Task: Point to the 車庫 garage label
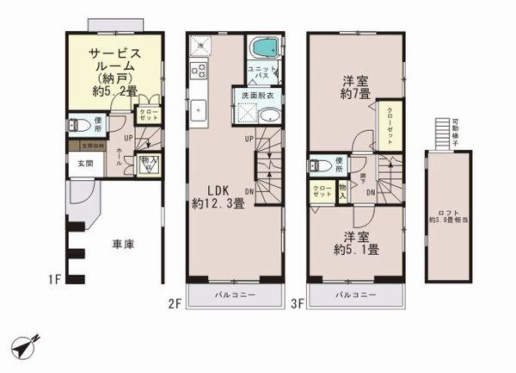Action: pos(124,244)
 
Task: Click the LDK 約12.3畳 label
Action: pos(218,197)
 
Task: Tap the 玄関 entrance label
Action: pos(86,163)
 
